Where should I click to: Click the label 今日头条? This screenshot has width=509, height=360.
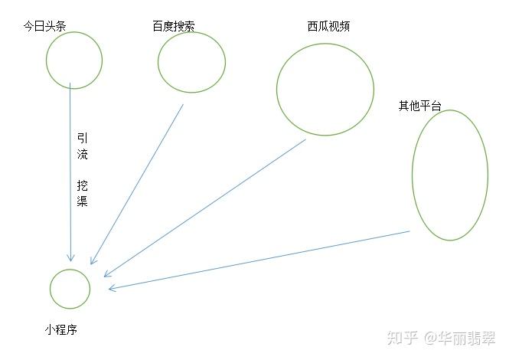(45, 26)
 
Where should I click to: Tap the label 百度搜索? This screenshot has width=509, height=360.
(174, 26)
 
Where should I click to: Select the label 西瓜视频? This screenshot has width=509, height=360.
(328, 26)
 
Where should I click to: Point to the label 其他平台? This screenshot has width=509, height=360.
(419, 106)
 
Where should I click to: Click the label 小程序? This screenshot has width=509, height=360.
(61, 330)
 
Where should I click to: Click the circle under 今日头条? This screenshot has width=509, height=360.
(47, 60)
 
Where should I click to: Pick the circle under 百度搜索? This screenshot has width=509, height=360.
(158, 62)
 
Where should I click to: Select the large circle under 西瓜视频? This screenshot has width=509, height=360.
(277, 90)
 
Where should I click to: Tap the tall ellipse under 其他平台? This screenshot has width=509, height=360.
(413, 175)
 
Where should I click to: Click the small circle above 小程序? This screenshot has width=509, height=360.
(51, 289)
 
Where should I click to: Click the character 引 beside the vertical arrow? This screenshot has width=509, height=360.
(83, 138)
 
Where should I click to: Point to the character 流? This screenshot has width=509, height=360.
(83, 154)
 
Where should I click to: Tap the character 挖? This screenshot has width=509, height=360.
(83, 185)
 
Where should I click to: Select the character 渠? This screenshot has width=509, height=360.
(83, 201)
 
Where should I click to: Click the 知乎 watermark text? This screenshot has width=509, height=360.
(402, 338)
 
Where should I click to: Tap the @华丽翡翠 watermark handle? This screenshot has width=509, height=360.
(459, 338)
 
